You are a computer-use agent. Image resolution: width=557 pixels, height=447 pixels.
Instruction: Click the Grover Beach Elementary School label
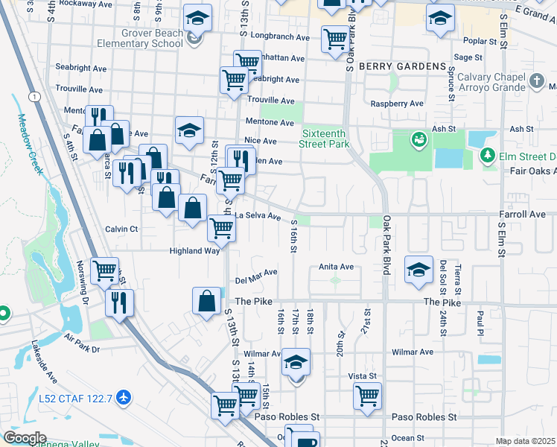(x=153, y=38)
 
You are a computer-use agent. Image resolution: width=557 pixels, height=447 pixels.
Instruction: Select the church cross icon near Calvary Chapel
(x=536, y=80)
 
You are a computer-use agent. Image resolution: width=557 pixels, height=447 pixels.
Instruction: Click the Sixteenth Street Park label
(x=325, y=139)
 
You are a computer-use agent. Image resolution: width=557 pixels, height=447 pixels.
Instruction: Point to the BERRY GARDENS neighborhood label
(x=401, y=66)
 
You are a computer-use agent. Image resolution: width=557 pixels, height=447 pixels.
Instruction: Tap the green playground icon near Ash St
(x=418, y=139)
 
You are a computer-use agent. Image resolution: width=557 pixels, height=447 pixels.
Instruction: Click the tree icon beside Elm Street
(x=488, y=156)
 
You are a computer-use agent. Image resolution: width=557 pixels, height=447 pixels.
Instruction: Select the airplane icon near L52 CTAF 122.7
(x=124, y=399)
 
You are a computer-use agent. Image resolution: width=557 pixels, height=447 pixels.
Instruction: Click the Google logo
(x=25, y=437)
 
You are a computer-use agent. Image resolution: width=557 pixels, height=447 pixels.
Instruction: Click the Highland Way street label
(x=194, y=251)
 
